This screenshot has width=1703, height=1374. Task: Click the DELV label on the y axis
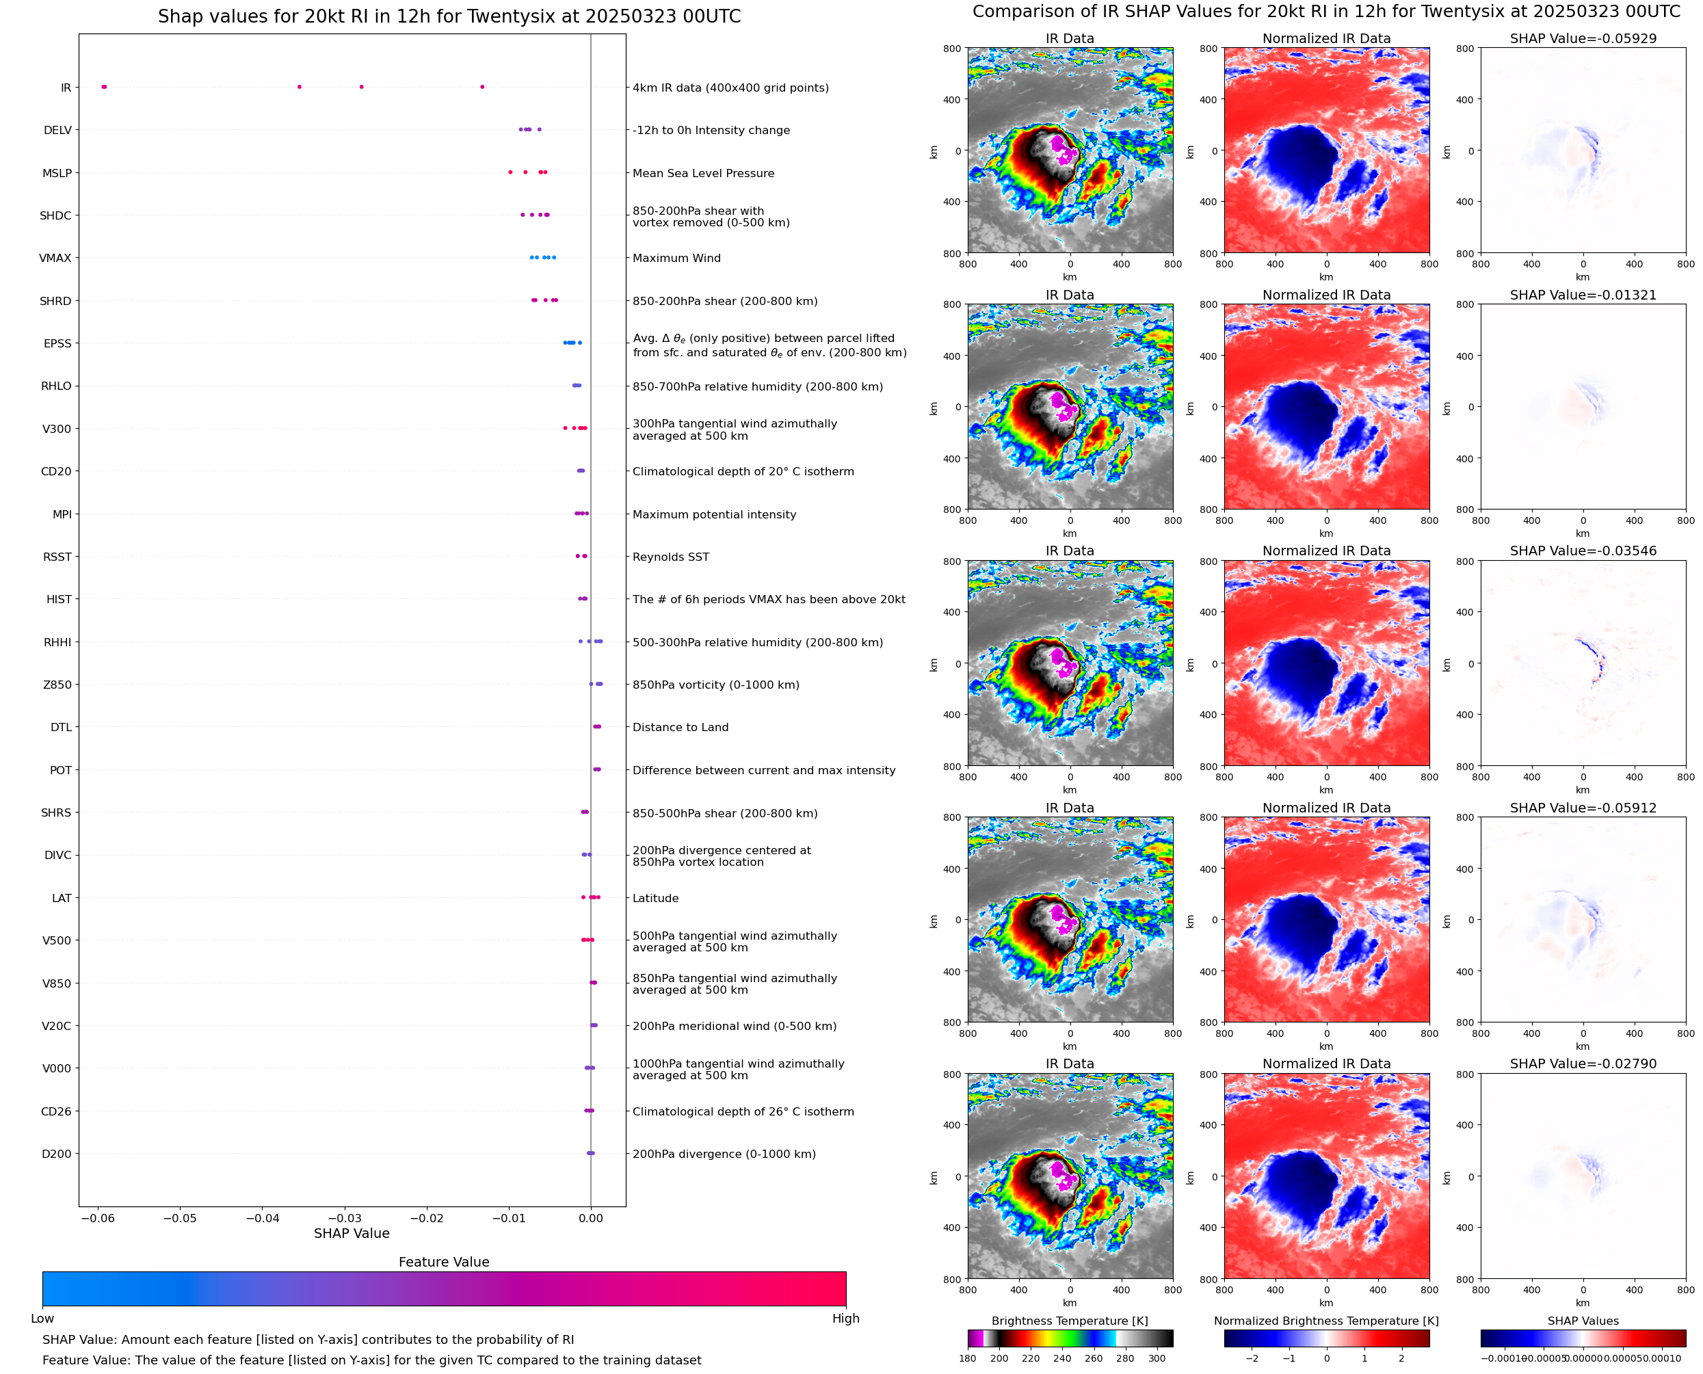click(x=57, y=130)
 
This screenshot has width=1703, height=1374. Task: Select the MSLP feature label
click(x=57, y=172)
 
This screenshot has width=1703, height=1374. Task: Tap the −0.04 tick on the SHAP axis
click(x=262, y=1218)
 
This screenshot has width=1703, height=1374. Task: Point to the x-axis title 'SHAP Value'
click(x=352, y=1233)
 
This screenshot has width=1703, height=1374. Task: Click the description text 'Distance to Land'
click(x=680, y=728)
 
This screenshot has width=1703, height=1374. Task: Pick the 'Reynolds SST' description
click(x=670, y=557)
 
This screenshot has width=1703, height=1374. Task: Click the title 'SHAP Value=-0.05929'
click(x=1583, y=38)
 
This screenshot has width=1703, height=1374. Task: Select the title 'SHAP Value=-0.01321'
click(x=1583, y=294)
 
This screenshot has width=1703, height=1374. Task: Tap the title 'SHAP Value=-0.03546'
click(x=1583, y=551)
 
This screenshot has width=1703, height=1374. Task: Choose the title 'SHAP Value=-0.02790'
click(x=1583, y=1063)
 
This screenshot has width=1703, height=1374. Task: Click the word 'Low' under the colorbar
click(x=42, y=1319)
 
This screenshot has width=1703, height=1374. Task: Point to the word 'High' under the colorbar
click(x=845, y=1319)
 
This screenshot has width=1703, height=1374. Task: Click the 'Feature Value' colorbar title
click(x=444, y=1262)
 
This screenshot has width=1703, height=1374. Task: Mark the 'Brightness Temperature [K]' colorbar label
click(x=1069, y=1321)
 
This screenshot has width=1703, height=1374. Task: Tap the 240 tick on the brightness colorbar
click(x=1062, y=1358)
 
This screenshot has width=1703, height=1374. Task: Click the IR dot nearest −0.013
click(x=482, y=87)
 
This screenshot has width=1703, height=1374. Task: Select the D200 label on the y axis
click(x=56, y=1153)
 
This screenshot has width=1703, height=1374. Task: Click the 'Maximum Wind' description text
click(x=676, y=258)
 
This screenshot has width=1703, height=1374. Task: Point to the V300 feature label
click(x=56, y=429)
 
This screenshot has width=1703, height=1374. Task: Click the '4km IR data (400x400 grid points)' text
click(x=730, y=88)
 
